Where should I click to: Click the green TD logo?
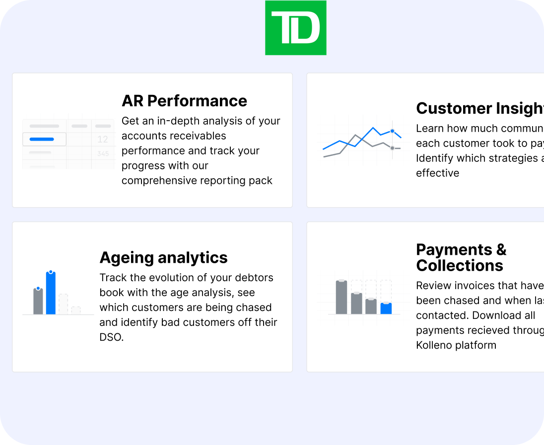[x=295, y=28]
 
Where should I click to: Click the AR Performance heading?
[x=184, y=101]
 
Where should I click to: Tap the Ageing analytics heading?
[x=163, y=258]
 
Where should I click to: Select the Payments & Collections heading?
[x=461, y=257]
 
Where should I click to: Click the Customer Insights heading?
[x=479, y=108]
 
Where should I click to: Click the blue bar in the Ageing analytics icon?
[x=51, y=294]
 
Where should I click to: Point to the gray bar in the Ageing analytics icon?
[x=38, y=301]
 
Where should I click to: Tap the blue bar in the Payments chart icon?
[x=386, y=308]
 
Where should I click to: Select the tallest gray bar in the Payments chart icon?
[x=341, y=297]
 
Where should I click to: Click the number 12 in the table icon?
[x=103, y=140]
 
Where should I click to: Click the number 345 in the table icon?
[x=103, y=154]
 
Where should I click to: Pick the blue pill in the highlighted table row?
[x=42, y=140]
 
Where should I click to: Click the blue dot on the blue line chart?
[x=392, y=131]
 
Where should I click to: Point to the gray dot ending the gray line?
[x=392, y=148]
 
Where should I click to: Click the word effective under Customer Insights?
[x=437, y=173]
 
